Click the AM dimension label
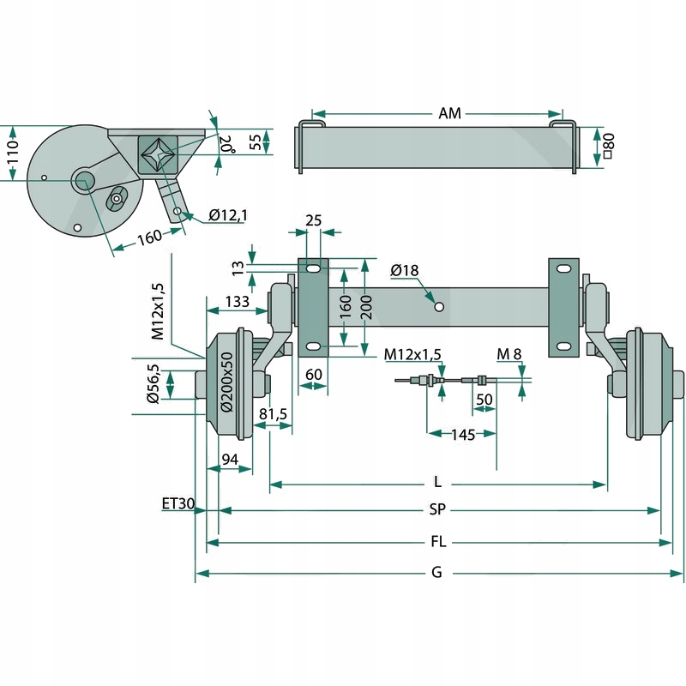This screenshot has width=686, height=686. (449, 113)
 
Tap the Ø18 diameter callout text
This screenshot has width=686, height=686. (404, 271)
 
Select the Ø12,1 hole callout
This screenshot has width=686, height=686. (227, 214)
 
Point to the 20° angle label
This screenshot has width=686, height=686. (226, 143)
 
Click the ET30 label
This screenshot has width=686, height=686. (178, 503)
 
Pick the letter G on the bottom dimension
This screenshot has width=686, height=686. (436, 573)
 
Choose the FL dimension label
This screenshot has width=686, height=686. (437, 542)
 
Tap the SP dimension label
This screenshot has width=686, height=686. (437, 510)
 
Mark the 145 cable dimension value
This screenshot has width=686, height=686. (463, 435)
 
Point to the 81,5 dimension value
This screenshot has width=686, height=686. (273, 415)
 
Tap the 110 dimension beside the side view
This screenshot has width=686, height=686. (12, 153)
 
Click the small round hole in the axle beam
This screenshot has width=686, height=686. (438, 306)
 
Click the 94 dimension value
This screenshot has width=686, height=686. (230, 460)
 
